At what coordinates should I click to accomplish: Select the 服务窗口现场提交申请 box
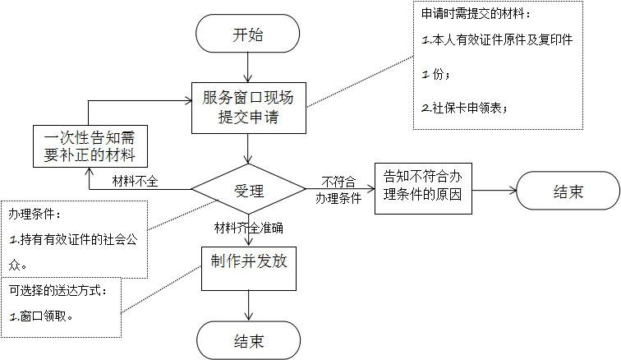pos(248,108)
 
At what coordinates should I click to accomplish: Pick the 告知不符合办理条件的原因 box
pos(424,187)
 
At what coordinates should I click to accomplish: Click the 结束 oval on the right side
pos(568,192)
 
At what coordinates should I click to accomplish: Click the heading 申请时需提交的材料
pos(476,15)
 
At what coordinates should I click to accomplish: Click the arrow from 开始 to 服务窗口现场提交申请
pos(248,67)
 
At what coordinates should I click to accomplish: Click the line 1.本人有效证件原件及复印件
pos(496,39)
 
